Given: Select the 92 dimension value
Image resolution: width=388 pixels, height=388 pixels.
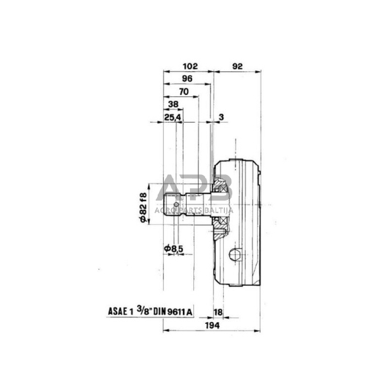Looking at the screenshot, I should coord(238,66).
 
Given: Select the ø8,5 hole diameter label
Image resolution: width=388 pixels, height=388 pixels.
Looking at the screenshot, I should coord(173,247).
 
